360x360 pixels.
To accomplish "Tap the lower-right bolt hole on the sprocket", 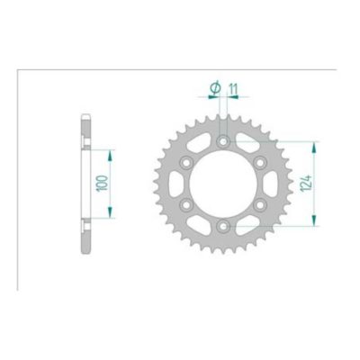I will point(258,205).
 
